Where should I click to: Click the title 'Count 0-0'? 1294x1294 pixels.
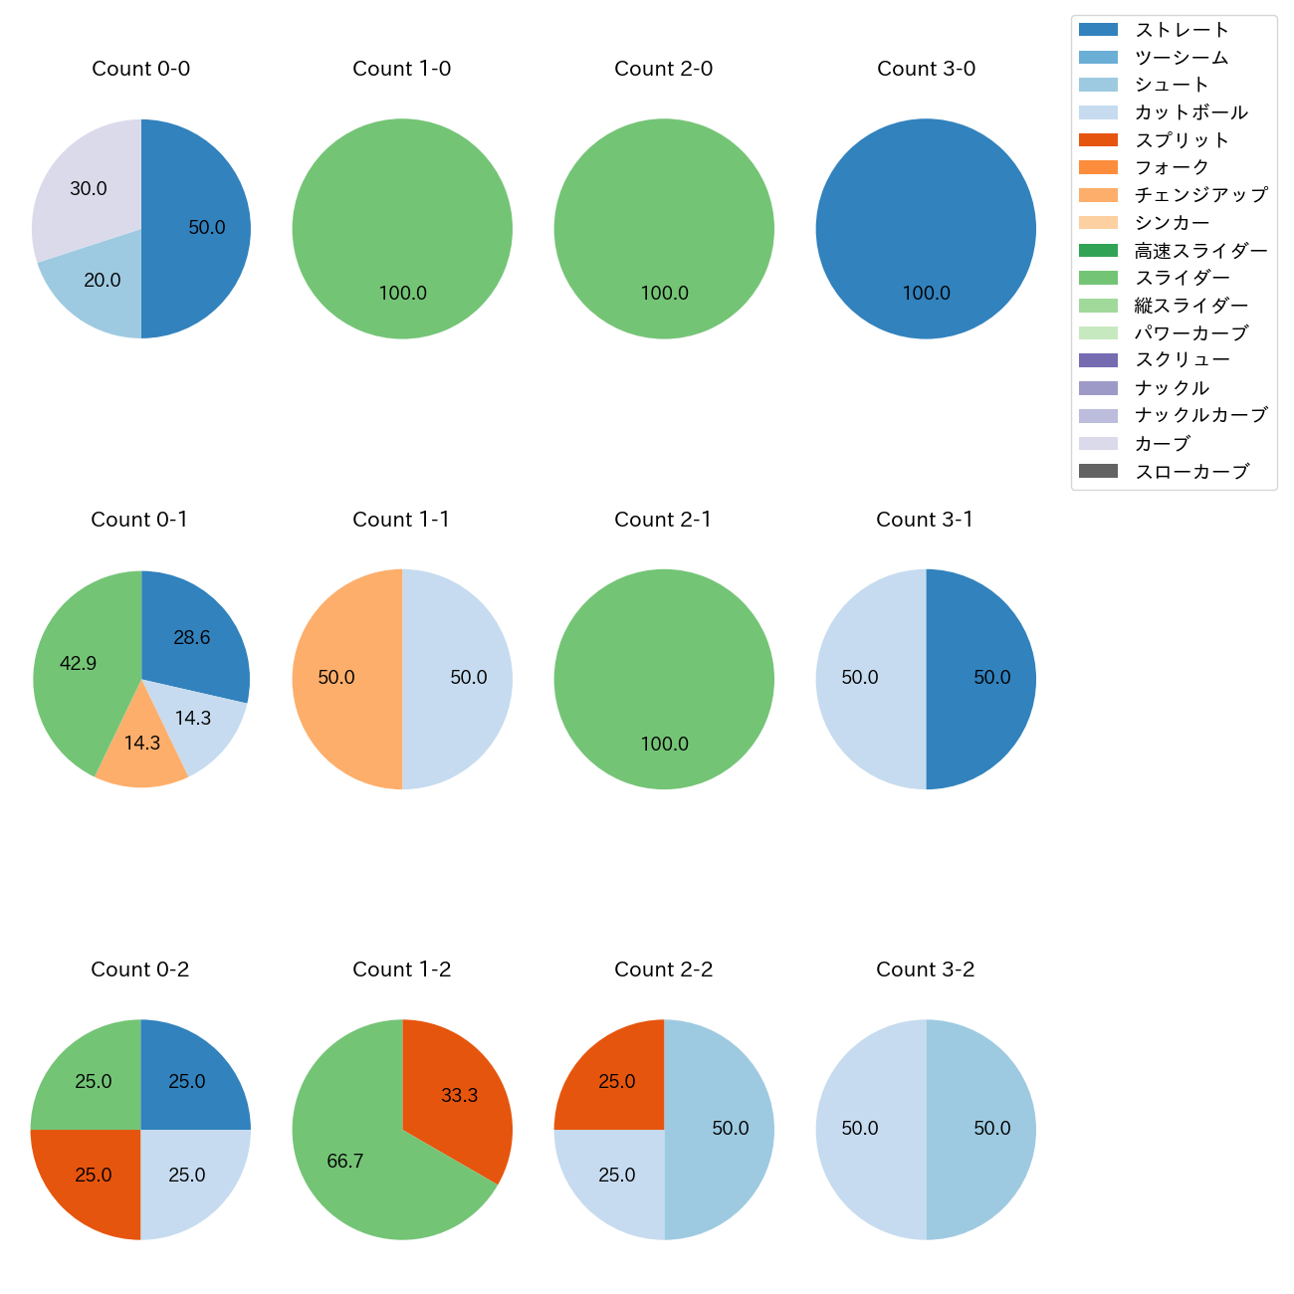[x=140, y=69]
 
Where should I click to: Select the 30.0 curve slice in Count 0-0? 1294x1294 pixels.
[x=85, y=184]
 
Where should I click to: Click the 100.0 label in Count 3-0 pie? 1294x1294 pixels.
[x=926, y=294]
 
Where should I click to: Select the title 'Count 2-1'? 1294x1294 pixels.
[x=663, y=520]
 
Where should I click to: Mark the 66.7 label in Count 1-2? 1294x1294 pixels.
[x=345, y=1162]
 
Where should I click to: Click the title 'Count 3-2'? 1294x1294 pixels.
[x=925, y=970]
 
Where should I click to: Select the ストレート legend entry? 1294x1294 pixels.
[x=1182, y=30]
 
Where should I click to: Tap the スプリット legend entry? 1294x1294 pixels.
[x=1182, y=140]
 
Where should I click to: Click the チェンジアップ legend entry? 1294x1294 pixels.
[x=1200, y=195]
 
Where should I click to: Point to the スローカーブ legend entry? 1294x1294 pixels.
[x=1191, y=472]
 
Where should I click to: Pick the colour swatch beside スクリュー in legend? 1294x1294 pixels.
[x=1098, y=360]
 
